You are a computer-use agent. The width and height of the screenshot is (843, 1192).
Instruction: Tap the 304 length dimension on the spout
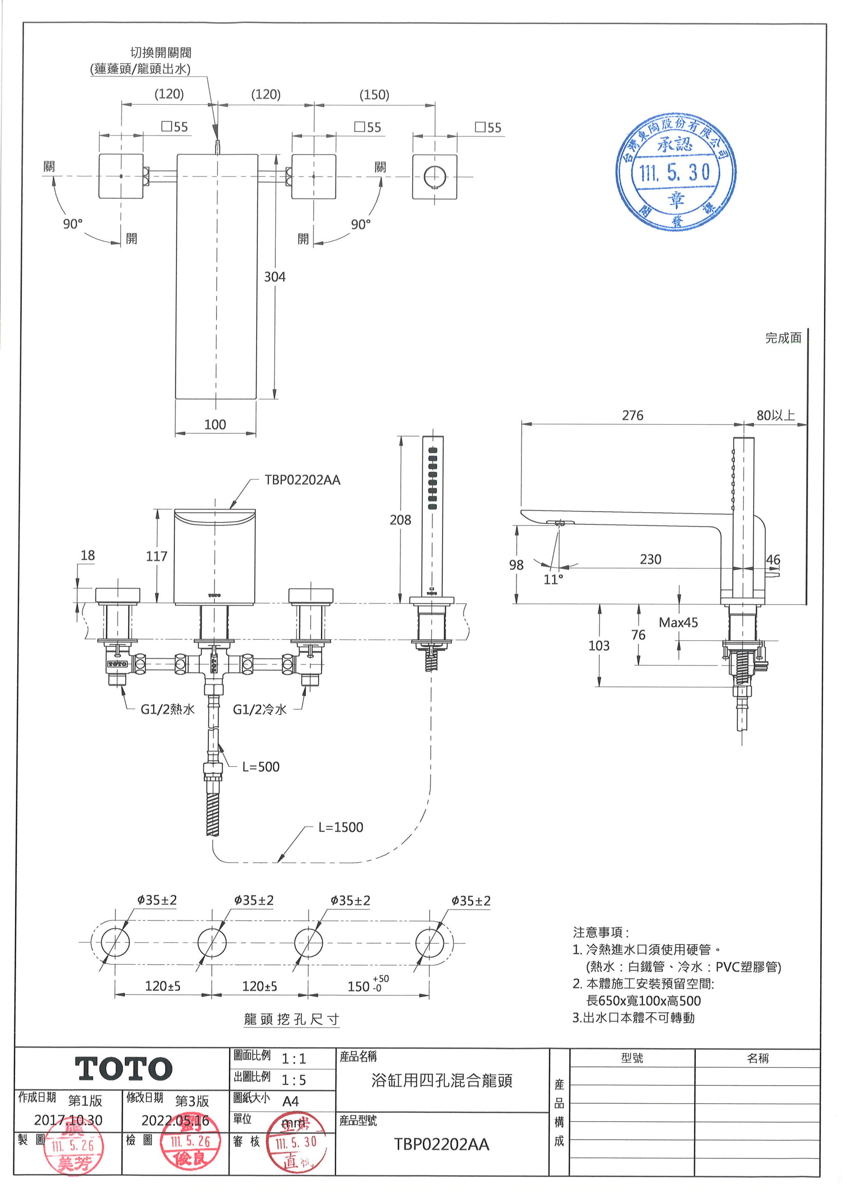(275, 277)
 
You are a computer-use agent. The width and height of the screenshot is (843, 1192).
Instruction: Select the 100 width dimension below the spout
(215, 425)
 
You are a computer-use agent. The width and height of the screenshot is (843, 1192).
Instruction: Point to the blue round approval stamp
(676, 172)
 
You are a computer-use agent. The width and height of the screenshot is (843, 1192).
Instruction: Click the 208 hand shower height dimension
(401, 520)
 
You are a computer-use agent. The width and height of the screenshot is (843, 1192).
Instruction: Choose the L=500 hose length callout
(261, 767)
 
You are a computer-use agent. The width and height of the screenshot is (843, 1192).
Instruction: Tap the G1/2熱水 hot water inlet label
(167, 709)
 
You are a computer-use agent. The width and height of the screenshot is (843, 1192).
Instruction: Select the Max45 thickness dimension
(678, 623)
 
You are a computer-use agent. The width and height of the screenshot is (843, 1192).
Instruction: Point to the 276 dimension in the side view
(632, 415)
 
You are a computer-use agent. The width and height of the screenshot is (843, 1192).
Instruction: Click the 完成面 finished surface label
(783, 338)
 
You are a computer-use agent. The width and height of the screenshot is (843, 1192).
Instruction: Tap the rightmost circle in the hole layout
(429, 942)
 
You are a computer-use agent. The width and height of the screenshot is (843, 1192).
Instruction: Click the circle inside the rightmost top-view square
(435, 177)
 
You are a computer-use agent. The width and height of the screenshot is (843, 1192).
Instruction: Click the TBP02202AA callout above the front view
(302, 480)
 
